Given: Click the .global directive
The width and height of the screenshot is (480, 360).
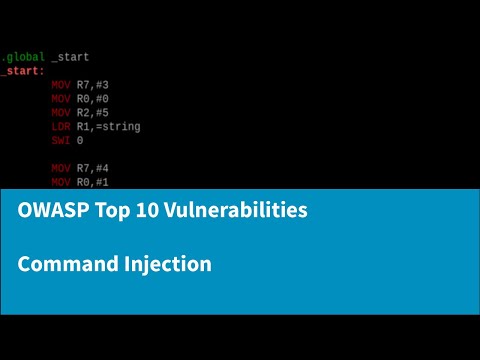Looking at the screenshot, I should (x=22, y=57).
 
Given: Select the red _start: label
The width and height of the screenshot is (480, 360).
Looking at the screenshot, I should (x=21, y=71).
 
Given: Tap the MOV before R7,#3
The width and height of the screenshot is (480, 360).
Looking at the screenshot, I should (x=61, y=85).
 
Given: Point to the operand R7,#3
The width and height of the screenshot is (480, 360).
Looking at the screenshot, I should (x=96, y=85).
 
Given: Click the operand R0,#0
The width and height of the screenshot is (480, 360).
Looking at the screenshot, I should (x=96, y=99).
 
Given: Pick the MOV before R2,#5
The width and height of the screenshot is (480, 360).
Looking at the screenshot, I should (x=61, y=113).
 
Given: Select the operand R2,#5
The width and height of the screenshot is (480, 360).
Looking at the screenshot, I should (x=96, y=113).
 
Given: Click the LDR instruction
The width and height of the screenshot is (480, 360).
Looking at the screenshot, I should (x=61, y=127).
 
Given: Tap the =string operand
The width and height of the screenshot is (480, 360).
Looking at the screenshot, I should (x=118, y=127).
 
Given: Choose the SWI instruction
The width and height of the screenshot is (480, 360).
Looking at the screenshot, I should (x=61, y=141).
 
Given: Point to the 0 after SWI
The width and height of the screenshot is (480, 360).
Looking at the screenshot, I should (x=80, y=141).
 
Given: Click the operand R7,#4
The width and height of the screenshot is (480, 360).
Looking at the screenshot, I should (x=96, y=169).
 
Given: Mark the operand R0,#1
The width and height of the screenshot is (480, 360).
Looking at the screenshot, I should (x=96, y=183).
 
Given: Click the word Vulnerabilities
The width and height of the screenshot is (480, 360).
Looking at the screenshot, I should (x=233, y=212).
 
